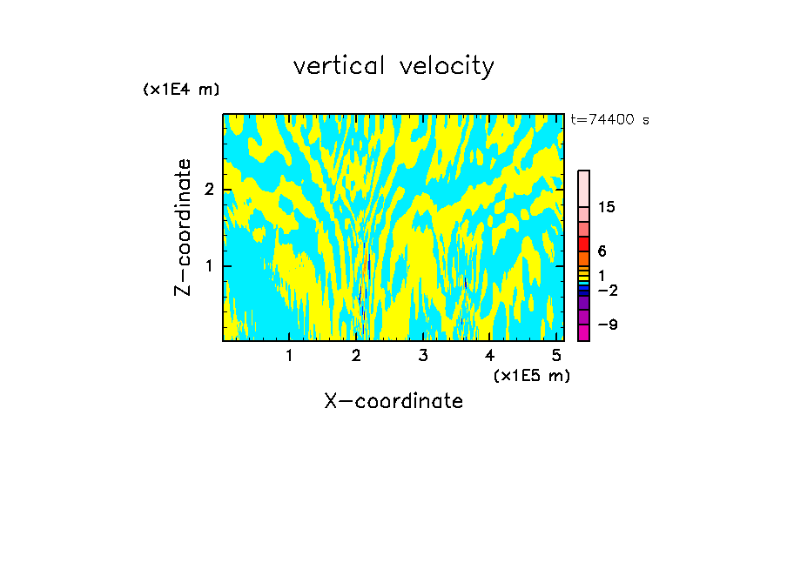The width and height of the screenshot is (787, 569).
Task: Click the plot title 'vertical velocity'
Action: tap(393, 66)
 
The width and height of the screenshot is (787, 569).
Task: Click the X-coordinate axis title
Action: tap(393, 401)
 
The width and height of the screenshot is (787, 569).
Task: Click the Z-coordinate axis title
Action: tap(183, 227)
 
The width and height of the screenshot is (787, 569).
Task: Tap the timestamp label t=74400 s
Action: tap(609, 120)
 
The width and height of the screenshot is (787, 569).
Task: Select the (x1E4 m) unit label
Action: tap(181, 90)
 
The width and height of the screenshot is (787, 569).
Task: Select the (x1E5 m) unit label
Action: tap(531, 375)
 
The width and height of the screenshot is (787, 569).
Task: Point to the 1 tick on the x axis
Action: tap(289, 356)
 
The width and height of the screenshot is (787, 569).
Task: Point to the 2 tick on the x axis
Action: tap(356, 356)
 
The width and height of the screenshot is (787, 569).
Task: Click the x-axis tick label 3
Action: tap(423, 356)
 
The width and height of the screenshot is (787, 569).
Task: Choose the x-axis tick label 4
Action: tap(490, 356)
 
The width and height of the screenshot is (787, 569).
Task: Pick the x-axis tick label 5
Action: tap(557, 356)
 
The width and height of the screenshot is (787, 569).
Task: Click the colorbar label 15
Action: tap(607, 207)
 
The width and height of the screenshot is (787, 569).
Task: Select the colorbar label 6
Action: tap(602, 251)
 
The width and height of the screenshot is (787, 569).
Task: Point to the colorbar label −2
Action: tap(607, 290)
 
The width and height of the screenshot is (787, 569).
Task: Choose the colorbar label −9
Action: tap(607, 325)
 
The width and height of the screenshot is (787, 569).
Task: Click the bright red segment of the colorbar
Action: tap(583, 244)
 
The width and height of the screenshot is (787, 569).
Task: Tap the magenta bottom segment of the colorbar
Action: tap(583, 332)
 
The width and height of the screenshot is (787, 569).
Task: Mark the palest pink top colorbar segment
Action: tap(583, 188)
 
